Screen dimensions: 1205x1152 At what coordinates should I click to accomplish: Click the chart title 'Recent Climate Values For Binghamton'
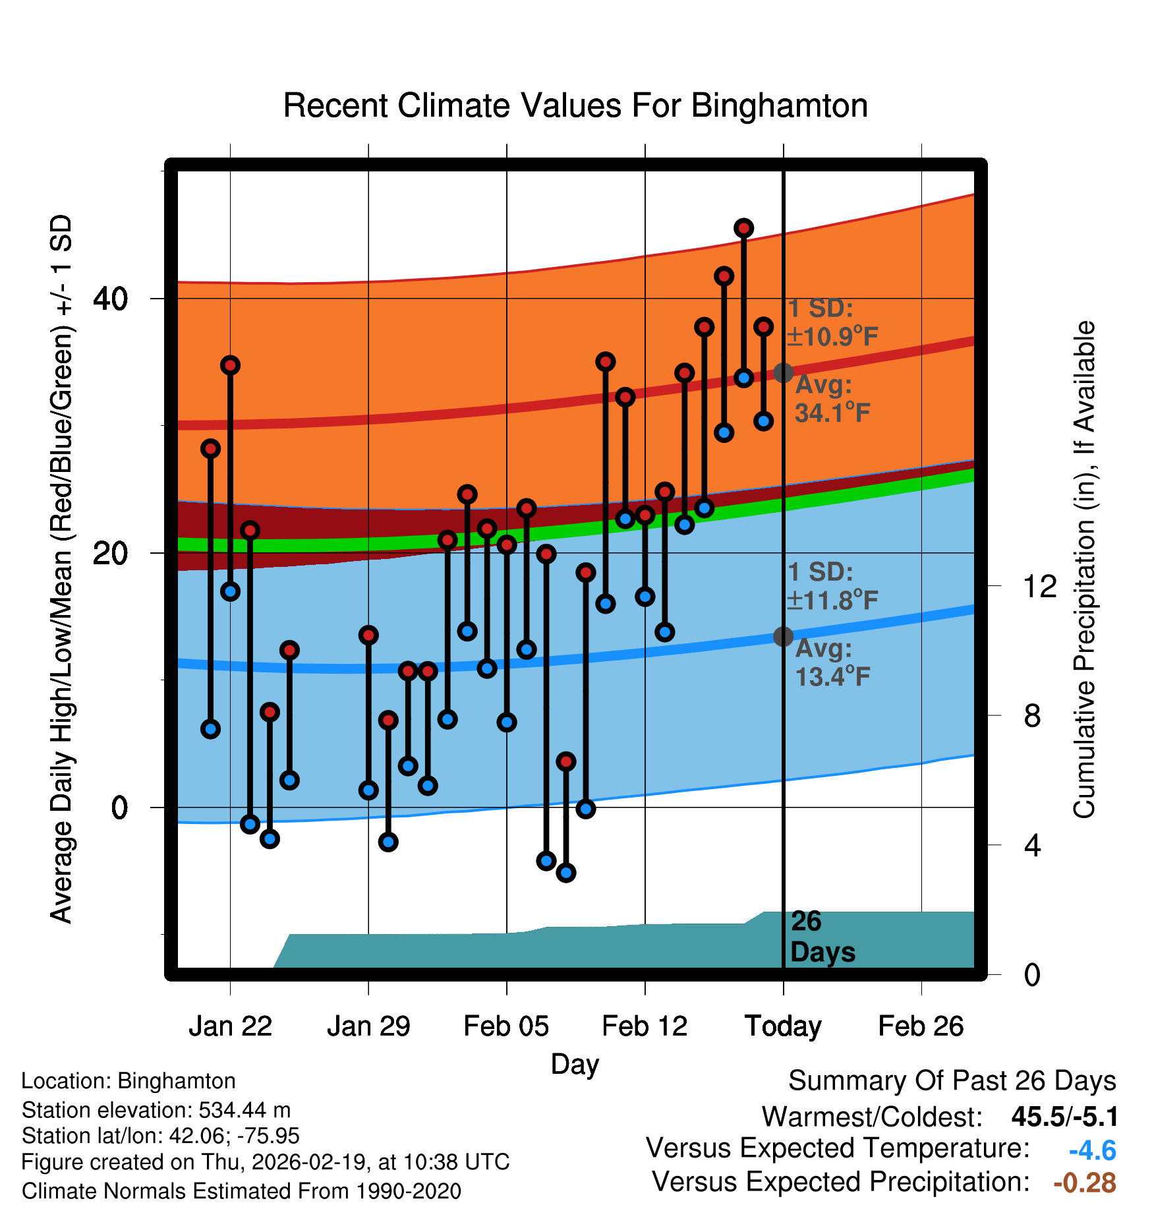tap(575, 105)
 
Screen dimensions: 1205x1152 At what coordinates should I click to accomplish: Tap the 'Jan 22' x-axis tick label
tap(230, 1026)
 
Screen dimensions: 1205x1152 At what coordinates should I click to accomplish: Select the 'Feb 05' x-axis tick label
tap(506, 1026)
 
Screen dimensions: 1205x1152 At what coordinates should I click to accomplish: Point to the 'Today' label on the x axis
tap(783, 1026)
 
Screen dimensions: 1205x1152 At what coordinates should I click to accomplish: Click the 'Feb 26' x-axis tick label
tap(921, 1026)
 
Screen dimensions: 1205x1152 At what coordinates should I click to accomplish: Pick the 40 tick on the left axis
tap(110, 299)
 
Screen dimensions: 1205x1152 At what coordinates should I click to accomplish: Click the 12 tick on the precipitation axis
tap(1040, 586)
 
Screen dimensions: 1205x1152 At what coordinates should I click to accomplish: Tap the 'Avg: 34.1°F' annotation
tap(832, 399)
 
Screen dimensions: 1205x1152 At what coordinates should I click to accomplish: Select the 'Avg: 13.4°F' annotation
tap(832, 662)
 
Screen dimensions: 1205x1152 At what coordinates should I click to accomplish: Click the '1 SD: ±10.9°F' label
tap(832, 322)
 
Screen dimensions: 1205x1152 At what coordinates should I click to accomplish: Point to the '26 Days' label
tap(822, 937)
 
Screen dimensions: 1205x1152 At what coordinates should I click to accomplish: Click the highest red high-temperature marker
tap(744, 228)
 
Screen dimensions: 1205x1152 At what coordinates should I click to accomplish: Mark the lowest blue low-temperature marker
tap(566, 873)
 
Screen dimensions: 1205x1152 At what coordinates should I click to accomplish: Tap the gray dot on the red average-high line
tap(783, 372)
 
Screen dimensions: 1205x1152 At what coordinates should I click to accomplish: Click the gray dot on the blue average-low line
tap(783, 636)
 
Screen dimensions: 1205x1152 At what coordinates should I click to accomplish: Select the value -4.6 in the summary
tap(1092, 1150)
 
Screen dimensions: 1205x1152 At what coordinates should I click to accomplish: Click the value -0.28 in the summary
tap(1084, 1183)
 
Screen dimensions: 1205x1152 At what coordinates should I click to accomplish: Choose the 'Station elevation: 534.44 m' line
tap(156, 1110)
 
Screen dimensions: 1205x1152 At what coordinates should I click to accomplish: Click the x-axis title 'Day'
tap(575, 1064)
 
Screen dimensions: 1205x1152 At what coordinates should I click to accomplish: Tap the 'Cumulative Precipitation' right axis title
tap(1084, 570)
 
